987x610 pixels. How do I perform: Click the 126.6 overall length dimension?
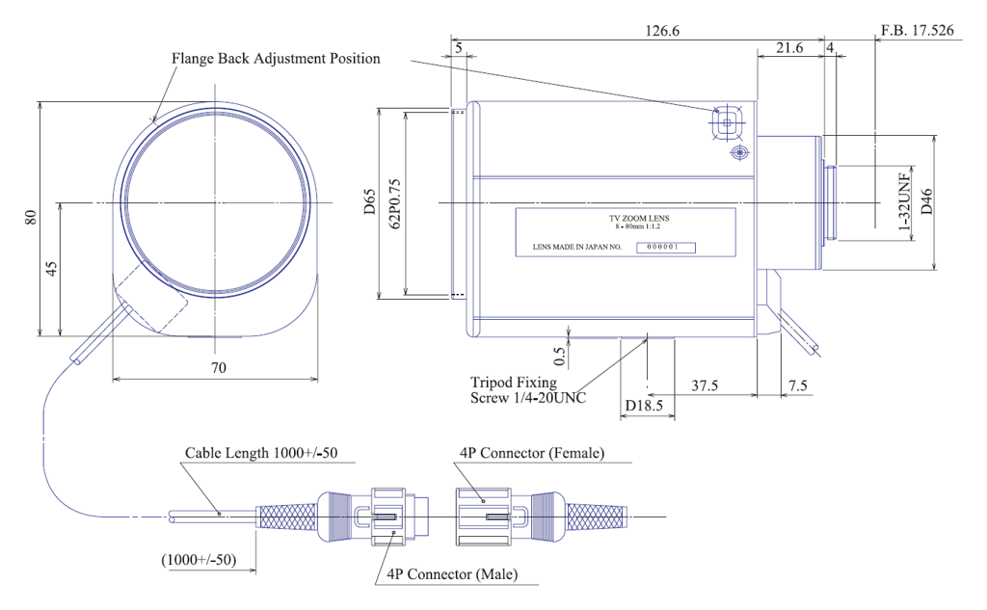coord(661,30)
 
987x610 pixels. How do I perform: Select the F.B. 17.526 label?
coord(918,30)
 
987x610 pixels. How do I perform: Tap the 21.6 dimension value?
coord(789,48)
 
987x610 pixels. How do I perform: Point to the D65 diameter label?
coord(369,201)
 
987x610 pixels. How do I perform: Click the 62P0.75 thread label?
coord(394,203)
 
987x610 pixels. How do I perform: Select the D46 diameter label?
coord(926,202)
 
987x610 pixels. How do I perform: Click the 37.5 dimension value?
coord(705,385)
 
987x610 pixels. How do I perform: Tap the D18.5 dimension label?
coord(644,406)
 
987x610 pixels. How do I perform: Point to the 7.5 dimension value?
coord(797,385)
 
